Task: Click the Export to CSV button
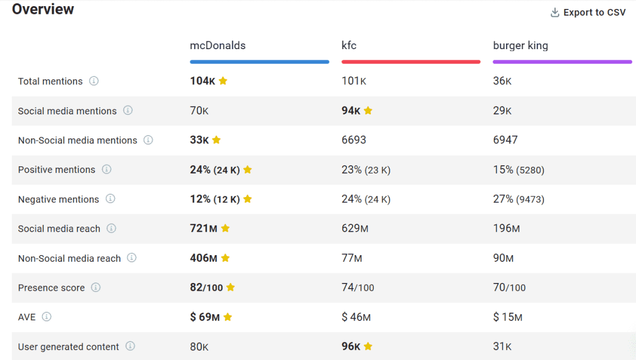pyautogui.click(x=588, y=12)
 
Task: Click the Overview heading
pyautogui.click(x=43, y=9)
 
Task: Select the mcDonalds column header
pyautogui.click(x=218, y=46)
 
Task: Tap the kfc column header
pyautogui.click(x=349, y=46)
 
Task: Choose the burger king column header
pyautogui.click(x=520, y=46)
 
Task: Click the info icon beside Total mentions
pyautogui.click(x=94, y=81)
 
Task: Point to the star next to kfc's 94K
pyautogui.click(x=368, y=111)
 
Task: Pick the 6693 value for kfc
pyautogui.click(x=354, y=140)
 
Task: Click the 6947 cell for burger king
pyautogui.click(x=505, y=140)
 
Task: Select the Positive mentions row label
pyautogui.click(x=56, y=170)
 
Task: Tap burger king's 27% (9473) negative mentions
pyautogui.click(x=518, y=199)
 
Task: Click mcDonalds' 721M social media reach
pyautogui.click(x=204, y=228)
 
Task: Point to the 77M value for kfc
pyautogui.click(x=351, y=258)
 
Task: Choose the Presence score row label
pyautogui.click(x=51, y=288)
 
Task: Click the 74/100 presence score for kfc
pyautogui.click(x=358, y=287)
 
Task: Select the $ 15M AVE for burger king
pyautogui.click(x=507, y=317)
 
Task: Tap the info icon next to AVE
pyautogui.click(x=47, y=317)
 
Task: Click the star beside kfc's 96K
pyautogui.click(x=368, y=347)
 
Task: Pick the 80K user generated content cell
pyautogui.click(x=199, y=347)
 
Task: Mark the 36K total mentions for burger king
pyautogui.click(x=502, y=81)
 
